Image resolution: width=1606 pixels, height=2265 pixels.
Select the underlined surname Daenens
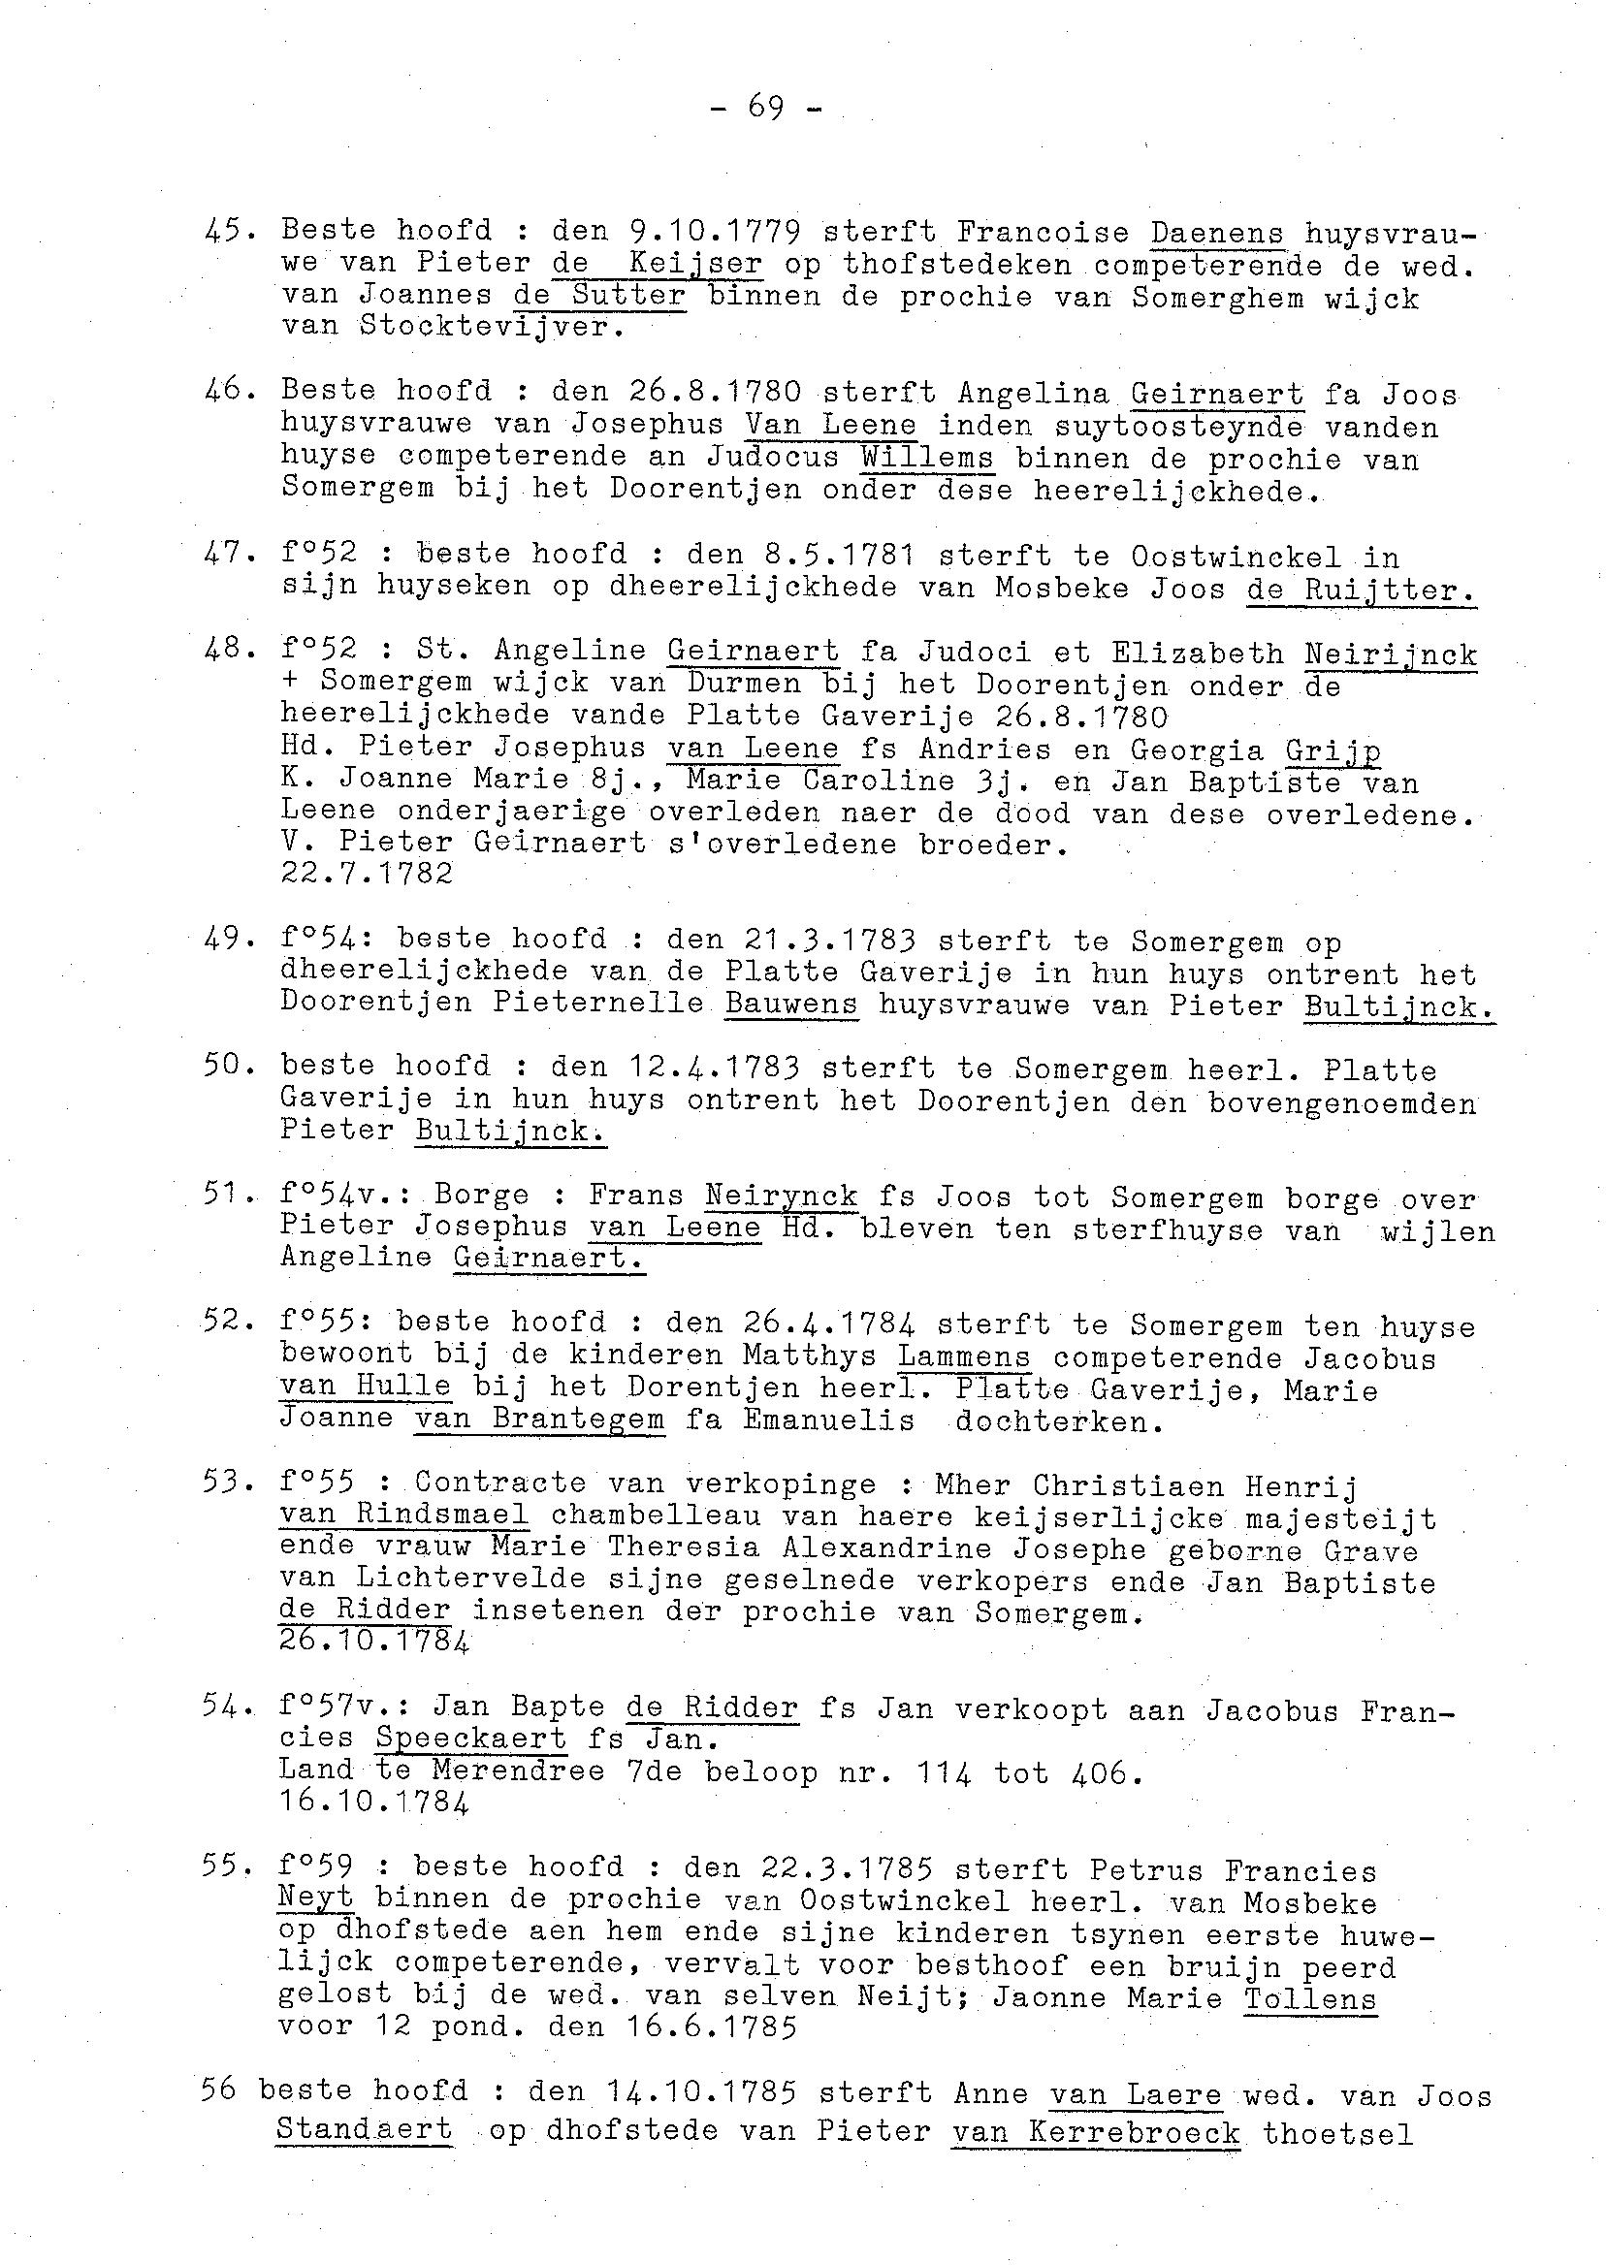tap(1216, 234)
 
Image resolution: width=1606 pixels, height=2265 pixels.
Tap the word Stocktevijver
tap(492, 326)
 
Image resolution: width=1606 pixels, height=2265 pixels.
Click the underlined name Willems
tap(926, 459)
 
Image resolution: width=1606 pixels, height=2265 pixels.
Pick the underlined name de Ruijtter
tap(1361, 590)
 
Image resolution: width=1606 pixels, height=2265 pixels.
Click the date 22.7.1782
tap(367, 874)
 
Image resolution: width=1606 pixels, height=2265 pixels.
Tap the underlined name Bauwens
tap(791, 1005)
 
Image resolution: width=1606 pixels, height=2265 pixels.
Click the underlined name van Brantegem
tap(539, 1420)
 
